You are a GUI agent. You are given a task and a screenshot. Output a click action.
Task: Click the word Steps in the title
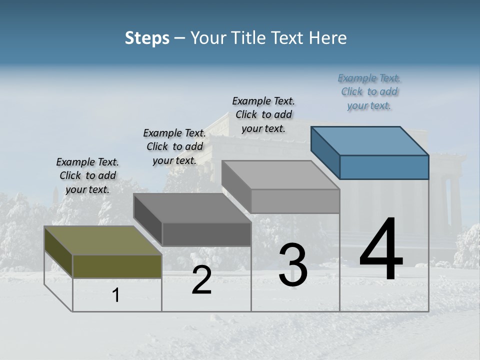point(147,38)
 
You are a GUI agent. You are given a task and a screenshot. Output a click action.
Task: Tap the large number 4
point(381,250)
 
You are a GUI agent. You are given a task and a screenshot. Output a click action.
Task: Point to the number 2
point(201,280)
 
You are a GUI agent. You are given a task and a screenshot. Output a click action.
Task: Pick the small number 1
point(116,295)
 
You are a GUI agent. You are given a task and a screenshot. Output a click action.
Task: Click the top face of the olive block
point(103,240)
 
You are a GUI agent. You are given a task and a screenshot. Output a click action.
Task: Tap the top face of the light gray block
point(281,175)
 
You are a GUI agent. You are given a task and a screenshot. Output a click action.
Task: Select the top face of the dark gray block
point(192,208)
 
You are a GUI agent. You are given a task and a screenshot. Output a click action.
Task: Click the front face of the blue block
point(384,167)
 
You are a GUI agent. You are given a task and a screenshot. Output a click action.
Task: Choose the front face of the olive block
point(117,266)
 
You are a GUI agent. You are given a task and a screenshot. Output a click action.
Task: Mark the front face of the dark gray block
point(206,234)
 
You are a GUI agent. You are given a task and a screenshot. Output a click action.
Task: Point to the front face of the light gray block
point(295,201)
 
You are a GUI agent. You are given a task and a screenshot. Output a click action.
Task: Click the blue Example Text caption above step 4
point(369,91)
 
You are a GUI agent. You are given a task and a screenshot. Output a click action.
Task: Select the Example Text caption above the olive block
point(87,175)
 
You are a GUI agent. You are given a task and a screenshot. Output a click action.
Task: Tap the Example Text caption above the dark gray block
point(174,146)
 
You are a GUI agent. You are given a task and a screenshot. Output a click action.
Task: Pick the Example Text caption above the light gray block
point(263,114)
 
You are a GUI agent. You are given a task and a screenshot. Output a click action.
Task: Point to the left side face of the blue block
point(325,153)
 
